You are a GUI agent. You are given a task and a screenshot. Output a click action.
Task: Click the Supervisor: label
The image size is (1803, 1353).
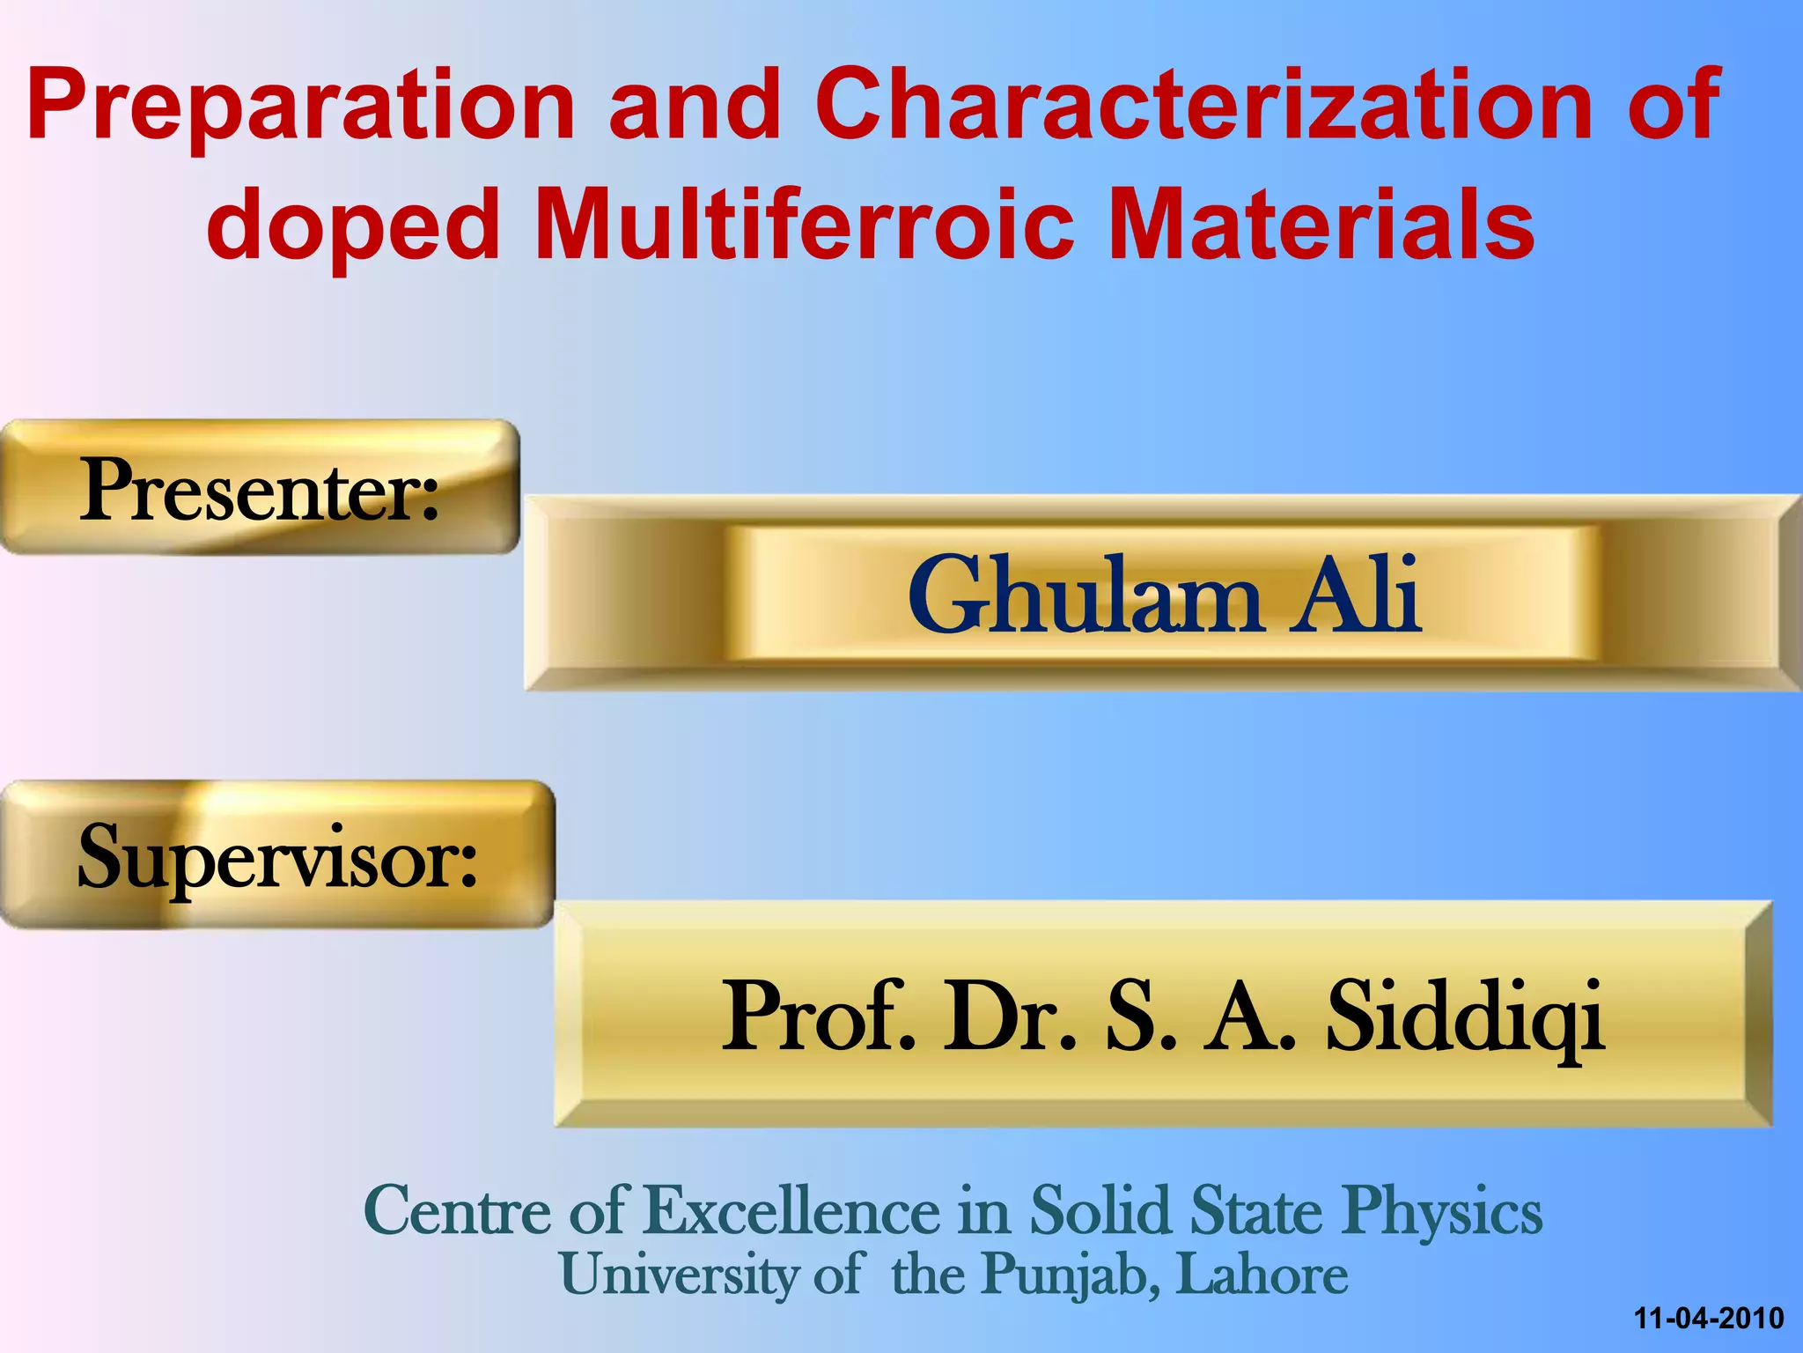pos(277,857)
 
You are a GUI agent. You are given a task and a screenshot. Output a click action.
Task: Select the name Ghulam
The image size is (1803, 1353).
pos(1084,596)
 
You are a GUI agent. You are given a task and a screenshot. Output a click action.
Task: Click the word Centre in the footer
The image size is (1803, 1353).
pos(458,1211)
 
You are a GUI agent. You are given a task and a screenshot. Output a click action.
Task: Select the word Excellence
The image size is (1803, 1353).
pos(792,1211)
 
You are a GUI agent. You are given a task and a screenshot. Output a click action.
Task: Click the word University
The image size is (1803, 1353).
pos(678,1275)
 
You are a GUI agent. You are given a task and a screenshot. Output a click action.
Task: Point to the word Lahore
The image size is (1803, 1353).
pos(1262,1275)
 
